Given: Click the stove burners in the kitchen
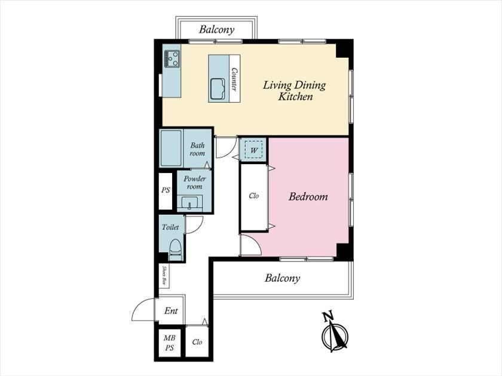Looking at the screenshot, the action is click(172, 58).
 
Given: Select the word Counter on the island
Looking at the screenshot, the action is click(235, 79).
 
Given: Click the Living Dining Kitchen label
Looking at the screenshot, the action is click(294, 91).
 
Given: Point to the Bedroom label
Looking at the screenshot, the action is click(308, 196).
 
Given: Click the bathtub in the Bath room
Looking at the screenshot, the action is click(172, 148).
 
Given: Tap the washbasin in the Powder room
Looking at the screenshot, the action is click(189, 203).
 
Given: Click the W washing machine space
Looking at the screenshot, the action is click(254, 149).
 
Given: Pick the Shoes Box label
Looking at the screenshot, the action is click(164, 275).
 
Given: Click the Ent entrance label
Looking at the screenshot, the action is click(171, 310).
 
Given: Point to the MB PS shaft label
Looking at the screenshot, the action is click(169, 343).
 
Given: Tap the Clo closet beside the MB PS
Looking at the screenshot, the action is click(197, 342).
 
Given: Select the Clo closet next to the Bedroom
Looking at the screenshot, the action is click(253, 196).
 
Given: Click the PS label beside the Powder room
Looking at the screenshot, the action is click(166, 190).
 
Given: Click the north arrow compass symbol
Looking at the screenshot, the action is click(334, 332).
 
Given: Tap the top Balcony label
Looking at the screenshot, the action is click(217, 29).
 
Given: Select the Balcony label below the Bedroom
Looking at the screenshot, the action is click(282, 278).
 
